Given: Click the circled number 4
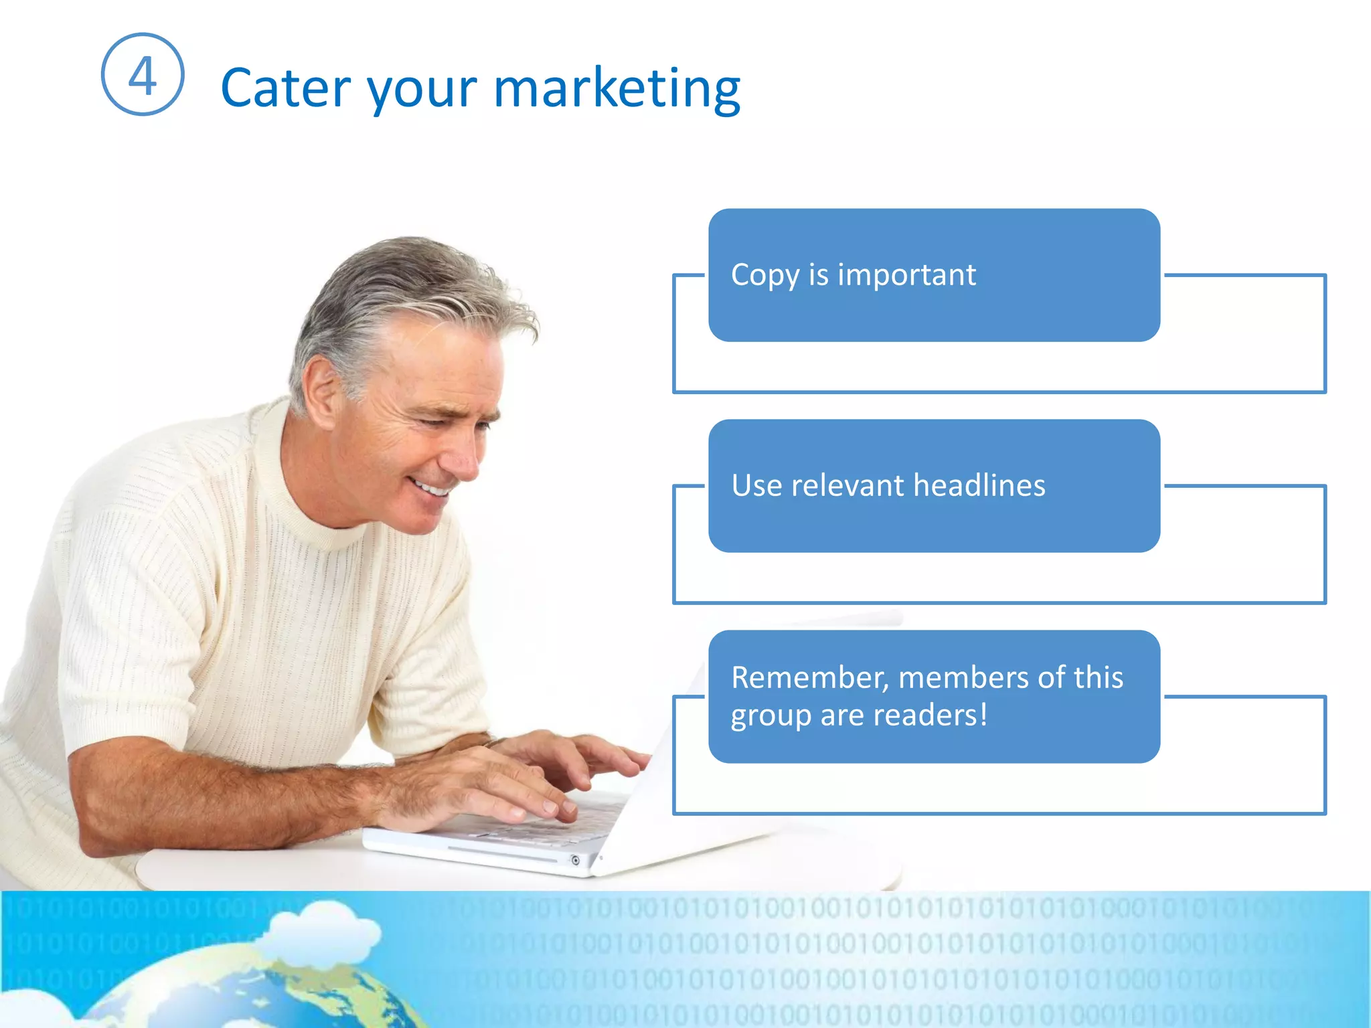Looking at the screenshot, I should (x=142, y=74).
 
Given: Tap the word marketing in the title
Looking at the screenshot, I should (x=617, y=88).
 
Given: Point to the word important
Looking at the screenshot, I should (x=906, y=274).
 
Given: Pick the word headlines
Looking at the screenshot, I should (x=979, y=485).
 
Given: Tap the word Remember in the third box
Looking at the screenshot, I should (x=809, y=677).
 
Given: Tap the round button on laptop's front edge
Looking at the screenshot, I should (x=575, y=860).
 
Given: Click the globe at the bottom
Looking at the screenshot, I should (x=254, y=991).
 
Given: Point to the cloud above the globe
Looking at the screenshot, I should (x=321, y=927).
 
